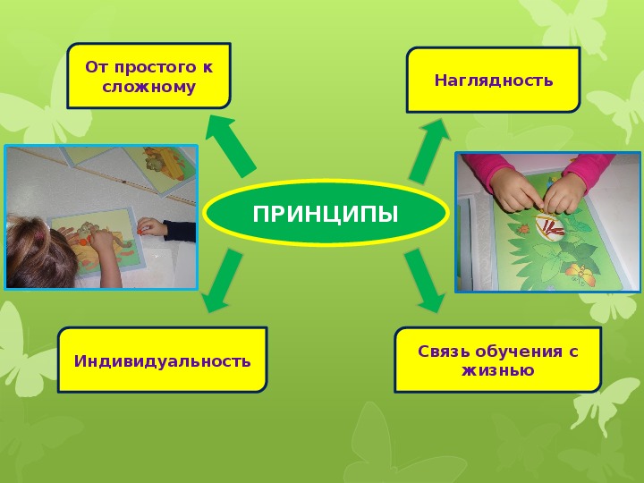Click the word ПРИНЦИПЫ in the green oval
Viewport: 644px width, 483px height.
tap(326, 214)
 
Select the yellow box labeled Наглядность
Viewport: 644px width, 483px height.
tap(493, 80)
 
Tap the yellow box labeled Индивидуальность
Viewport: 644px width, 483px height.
tap(163, 360)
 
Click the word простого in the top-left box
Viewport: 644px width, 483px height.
tap(155, 67)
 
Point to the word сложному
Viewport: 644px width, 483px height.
tap(149, 87)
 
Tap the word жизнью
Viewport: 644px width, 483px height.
tap(498, 370)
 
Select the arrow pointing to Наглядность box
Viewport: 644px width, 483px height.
tap(428, 150)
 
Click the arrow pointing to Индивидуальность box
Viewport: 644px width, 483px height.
tap(222, 281)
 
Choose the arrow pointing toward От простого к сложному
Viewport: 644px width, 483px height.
tap(231, 146)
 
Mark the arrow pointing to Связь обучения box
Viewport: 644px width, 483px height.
tap(425, 281)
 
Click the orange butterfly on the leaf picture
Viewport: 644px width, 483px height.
tap(580, 274)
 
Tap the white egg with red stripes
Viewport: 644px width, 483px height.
tap(550, 226)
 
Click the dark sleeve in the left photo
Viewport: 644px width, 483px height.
tap(179, 232)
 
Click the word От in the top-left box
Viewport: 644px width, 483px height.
tap(96, 66)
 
